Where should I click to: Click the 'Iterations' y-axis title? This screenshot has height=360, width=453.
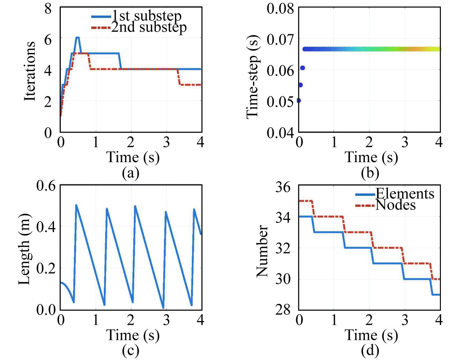[x=30, y=71]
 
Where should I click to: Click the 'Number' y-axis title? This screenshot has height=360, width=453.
[x=262, y=251]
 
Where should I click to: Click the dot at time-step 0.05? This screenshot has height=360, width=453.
[x=299, y=101]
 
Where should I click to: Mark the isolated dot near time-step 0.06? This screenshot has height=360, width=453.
[x=303, y=68]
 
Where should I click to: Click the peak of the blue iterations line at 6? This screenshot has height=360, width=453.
[x=77, y=38]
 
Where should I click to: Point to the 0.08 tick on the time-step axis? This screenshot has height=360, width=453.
[x=280, y=9]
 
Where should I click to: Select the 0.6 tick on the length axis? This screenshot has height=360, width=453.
[x=46, y=186]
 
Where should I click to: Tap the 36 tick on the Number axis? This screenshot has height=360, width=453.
[x=283, y=187]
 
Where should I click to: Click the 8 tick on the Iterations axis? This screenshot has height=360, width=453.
[x=48, y=9]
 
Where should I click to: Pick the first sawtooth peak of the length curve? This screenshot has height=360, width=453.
[x=76, y=205]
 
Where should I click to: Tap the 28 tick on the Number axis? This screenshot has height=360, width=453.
[x=283, y=310]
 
